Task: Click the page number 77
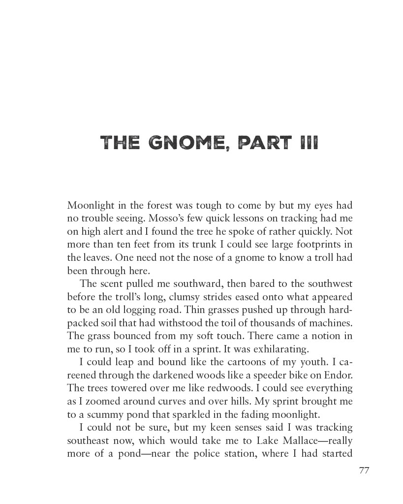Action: click(x=364, y=471)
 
